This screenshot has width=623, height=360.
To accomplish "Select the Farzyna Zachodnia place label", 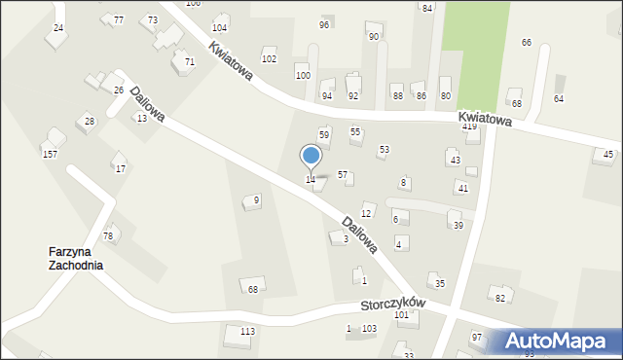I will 76,258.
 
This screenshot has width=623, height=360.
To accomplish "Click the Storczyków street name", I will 394,305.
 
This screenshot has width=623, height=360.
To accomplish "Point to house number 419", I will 469,126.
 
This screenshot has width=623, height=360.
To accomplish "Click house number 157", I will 50,155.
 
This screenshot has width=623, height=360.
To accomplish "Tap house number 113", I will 248,331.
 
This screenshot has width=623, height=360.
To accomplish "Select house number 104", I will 220,27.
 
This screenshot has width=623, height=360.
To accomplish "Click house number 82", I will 500,298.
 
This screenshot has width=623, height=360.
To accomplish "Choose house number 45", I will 608,154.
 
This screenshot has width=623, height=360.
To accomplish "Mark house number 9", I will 256,200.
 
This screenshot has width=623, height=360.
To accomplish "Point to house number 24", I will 58,28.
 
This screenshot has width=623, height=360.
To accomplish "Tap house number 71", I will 190,61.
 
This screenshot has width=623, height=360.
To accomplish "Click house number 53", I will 385,149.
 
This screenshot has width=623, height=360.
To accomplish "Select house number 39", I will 458,226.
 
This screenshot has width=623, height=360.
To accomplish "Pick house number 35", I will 440,283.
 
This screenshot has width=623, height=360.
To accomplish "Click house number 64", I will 559,99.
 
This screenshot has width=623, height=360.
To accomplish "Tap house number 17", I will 121,168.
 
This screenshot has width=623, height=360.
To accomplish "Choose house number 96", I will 324,24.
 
